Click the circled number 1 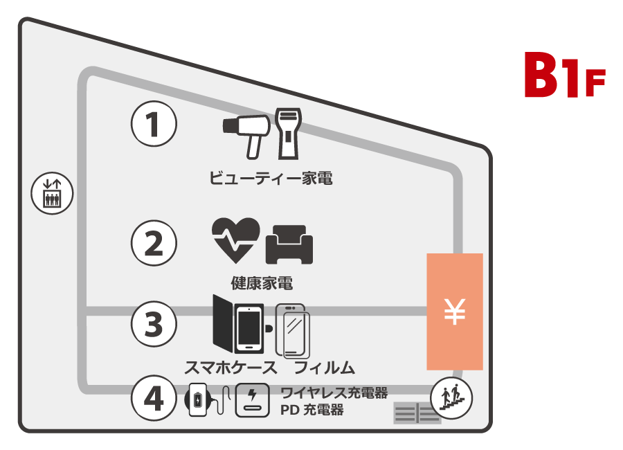click(x=154, y=125)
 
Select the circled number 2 click(x=154, y=242)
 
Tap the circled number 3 click(x=154, y=323)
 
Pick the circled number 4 click(x=154, y=397)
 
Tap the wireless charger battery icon click(x=200, y=400)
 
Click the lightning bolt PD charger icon click(x=252, y=400)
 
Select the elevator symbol click(x=52, y=193)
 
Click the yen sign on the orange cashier click(x=454, y=312)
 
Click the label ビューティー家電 click(x=271, y=179)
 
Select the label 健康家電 click(x=262, y=283)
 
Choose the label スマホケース click(x=231, y=366)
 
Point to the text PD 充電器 click(x=311, y=410)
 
